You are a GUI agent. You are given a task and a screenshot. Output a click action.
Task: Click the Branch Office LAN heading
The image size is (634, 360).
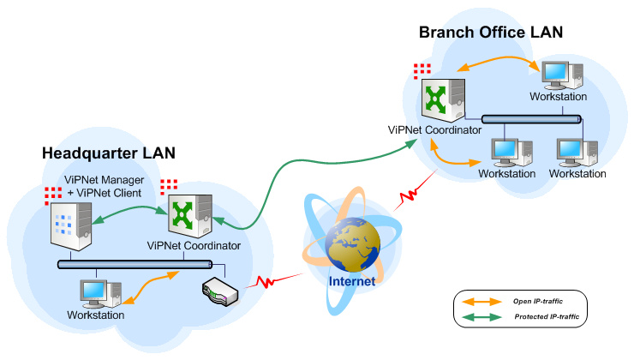point(490,32)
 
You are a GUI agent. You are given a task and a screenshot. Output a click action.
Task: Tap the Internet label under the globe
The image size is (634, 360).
point(354,279)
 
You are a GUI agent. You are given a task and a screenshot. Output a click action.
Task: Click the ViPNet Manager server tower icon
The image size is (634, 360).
point(69,224)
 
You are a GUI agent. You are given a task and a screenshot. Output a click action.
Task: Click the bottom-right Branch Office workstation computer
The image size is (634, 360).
point(575,151)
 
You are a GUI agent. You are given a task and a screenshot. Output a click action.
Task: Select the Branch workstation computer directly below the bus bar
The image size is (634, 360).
point(505,150)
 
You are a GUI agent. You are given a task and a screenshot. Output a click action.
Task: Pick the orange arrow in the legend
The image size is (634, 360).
point(482,301)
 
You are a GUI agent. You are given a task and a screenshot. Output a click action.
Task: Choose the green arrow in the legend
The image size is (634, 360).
point(482,317)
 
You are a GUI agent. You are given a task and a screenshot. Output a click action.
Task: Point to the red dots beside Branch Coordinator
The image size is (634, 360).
point(421,69)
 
